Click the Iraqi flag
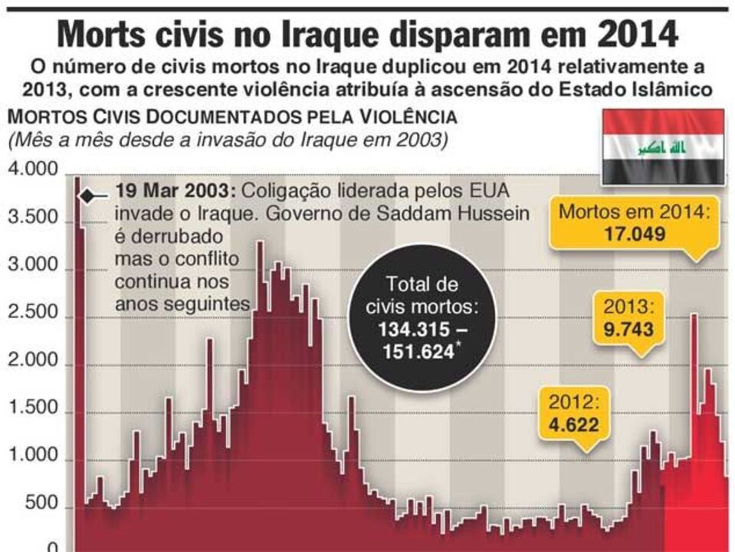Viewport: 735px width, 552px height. point(663,146)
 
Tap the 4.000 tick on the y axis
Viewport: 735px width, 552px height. point(32,170)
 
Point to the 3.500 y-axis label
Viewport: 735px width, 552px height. point(32,218)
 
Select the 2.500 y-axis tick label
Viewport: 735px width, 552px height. point(32,314)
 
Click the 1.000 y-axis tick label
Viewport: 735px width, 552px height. point(32,458)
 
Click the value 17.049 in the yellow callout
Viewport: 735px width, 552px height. point(632,232)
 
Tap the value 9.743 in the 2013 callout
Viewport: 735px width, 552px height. point(628,330)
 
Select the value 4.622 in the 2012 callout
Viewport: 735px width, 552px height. point(568,424)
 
